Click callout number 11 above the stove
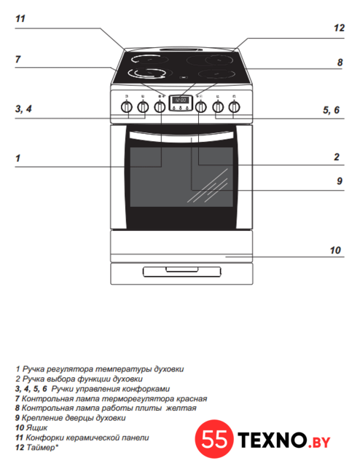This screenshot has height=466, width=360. [x=20, y=19]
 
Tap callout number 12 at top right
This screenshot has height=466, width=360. [x=339, y=28]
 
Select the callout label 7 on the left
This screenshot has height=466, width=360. [x=17, y=60]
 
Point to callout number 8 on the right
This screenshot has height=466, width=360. [x=340, y=63]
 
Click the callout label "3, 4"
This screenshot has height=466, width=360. [x=23, y=108]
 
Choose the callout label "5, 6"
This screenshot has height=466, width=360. [x=331, y=110]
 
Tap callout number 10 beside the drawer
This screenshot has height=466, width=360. [x=335, y=250]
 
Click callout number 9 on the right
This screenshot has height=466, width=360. [x=340, y=181]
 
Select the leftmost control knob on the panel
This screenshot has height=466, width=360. [x=127, y=107]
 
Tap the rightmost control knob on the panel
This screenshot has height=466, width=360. [x=235, y=107]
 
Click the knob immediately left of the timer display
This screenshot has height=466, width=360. [x=160, y=107]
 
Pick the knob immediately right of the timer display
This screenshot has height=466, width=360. [x=201, y=107]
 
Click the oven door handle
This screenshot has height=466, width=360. [x=181, y=137]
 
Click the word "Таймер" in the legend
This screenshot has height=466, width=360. [x=41, y=447]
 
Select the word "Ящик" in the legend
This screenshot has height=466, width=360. [x=36, y=428]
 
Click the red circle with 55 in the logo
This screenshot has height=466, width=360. [x=214, y=439]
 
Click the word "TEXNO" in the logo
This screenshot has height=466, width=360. [x=272, y=440]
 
